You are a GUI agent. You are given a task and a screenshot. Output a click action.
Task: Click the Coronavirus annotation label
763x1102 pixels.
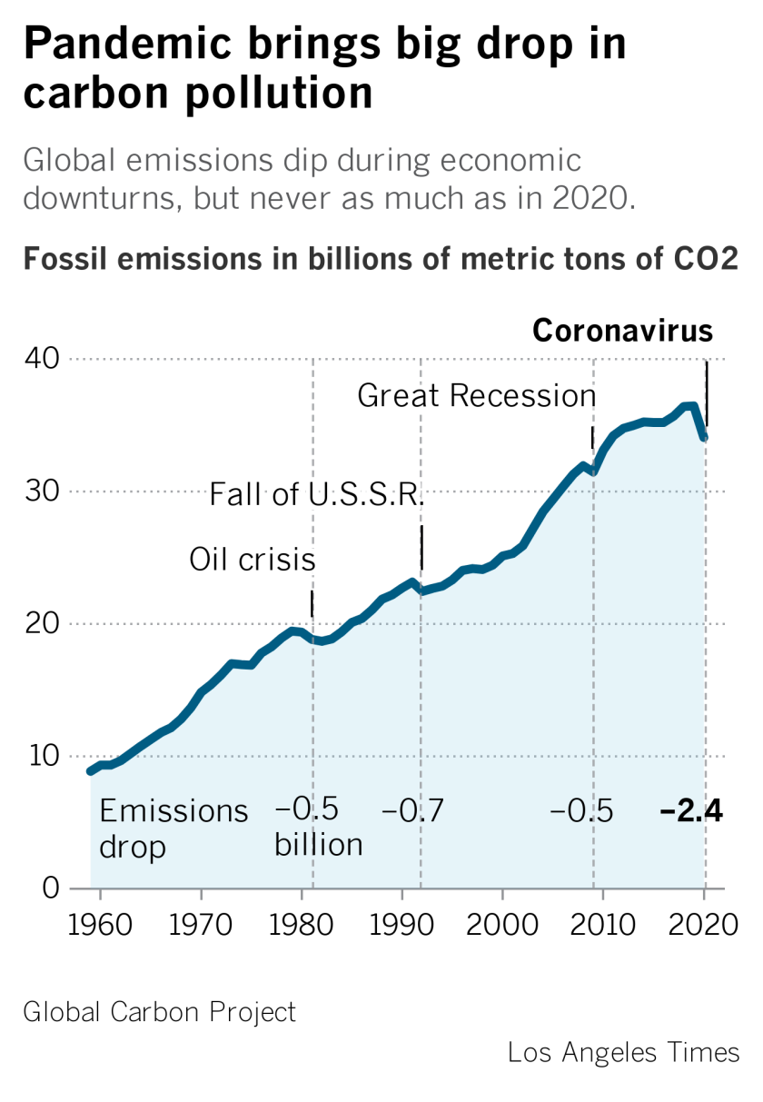(622, 331)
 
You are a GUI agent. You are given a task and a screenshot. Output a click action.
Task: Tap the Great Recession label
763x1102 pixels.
(477, 396)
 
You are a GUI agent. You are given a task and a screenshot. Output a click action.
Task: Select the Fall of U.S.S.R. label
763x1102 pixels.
(317, 495)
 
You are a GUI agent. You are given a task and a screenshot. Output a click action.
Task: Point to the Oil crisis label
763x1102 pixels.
(253, 560)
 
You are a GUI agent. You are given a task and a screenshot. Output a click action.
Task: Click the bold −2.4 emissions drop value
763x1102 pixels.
(691, 811)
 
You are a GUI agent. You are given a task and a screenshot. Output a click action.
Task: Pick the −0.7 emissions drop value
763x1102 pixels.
(412, 811)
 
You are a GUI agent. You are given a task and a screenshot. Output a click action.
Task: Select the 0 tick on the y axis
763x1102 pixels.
(51, 888)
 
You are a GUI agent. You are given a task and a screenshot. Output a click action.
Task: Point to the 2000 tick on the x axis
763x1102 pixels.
(501, 927)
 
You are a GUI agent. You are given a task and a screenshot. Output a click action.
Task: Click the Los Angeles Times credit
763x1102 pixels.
(624, 1053)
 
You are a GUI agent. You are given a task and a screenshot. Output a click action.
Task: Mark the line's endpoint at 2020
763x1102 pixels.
(705, 438)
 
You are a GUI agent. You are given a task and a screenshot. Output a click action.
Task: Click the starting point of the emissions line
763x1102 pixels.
(90, 771)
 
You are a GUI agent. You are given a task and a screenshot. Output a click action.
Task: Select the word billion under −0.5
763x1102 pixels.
(319, 845)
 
